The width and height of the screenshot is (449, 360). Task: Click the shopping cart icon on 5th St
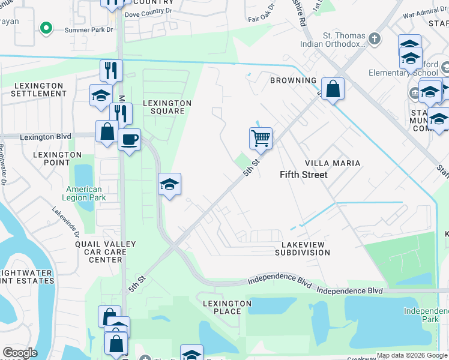click(261, 137)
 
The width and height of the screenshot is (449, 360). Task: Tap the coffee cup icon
click(129, 140)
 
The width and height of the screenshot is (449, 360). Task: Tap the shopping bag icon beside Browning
click(332, 89)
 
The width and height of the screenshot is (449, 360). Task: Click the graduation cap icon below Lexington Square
click(169, 184)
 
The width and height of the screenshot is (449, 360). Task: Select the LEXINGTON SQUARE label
click(167, 107)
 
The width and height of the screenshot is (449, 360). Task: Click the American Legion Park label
click(83, 193)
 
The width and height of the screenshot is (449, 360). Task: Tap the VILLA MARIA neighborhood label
click(333, 163)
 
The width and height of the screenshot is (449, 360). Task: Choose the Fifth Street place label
click(304, 175)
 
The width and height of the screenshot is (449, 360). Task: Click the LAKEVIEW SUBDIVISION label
click(303, 249)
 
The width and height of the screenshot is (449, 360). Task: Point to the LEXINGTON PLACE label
click(227, 308)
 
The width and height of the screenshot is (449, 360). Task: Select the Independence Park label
click(426, 315)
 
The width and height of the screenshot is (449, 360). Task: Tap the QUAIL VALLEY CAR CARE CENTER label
click(105, 252)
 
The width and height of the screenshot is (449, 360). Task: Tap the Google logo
click(20, 353)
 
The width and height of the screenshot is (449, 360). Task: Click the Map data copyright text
click(411, 355)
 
